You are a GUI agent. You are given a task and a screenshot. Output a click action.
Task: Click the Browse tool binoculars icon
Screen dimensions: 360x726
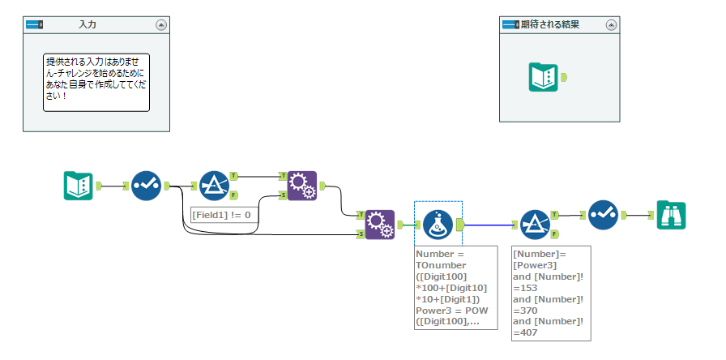pyautogui.click(x=671, y=214)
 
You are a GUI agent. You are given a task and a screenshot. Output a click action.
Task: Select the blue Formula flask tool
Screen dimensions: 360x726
pyautogui.click(x=438, y=225)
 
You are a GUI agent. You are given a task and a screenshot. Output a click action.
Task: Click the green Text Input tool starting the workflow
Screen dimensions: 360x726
pyautogui.click(x=79, y=186)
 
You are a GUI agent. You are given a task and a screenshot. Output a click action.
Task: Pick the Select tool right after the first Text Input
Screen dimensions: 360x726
pyautogui.click(x=147, y=186)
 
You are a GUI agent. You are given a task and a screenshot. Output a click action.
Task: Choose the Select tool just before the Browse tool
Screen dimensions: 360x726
pyautogui.click(x=603, y=214)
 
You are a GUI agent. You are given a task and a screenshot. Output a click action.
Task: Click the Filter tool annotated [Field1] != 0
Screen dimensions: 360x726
pyautogui.click(x=214, y=186)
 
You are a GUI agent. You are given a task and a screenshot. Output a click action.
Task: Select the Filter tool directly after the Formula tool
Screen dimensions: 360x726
pyautogui.click(x=535, y=225)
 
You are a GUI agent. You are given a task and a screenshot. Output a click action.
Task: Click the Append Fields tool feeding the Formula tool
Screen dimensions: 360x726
pyautogui.click(x=379, y=225)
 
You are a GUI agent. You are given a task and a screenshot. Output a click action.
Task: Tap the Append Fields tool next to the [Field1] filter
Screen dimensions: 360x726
pyautogui.click(x=301, y=186)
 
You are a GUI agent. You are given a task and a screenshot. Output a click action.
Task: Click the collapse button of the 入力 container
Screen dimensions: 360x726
pyautogui.click(x=161, y=25)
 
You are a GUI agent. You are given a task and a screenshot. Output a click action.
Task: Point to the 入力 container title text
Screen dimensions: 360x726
pyautogui.click(x=88, y=25)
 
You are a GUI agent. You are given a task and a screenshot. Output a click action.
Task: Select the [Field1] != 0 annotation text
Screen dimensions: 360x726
pyautogui.click(x=221, y=215)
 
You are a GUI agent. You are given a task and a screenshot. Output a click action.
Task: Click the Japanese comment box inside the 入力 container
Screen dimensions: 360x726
pyautogui.click(x=96, y=82)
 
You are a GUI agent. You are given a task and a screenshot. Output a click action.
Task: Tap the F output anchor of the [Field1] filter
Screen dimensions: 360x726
pyautogui.click(x=234, y=195)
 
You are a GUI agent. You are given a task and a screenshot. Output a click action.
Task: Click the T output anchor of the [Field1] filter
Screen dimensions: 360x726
pyautogui.click(x=234, y=175)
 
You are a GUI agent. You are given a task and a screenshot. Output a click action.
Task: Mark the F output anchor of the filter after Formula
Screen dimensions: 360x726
pyautogui.click(x=555, y=234)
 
